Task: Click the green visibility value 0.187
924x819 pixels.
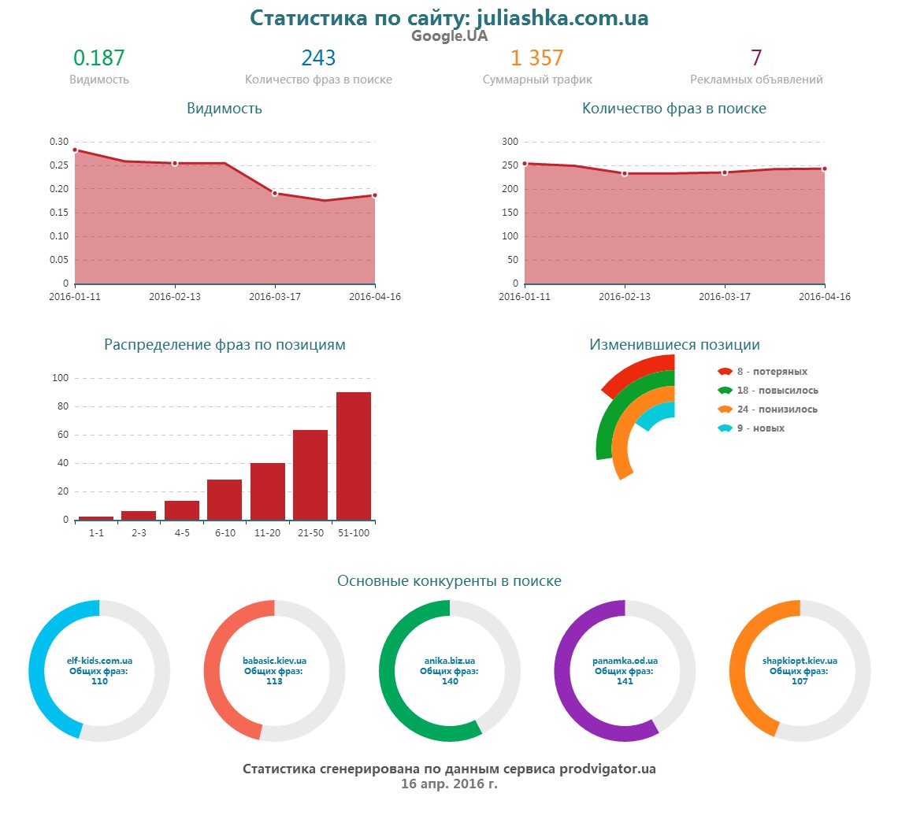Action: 99,58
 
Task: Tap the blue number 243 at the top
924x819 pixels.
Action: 318,58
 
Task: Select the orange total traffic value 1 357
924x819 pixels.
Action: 536,58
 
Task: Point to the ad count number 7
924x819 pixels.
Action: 756,58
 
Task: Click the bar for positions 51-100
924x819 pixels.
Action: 354,457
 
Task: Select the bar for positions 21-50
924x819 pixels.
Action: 310,475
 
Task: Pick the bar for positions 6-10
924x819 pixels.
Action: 225,500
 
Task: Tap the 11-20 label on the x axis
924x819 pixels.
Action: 268,533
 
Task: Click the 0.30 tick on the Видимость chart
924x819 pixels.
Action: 59,142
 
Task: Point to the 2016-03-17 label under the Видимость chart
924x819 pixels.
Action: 275,297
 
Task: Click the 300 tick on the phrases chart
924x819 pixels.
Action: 510,142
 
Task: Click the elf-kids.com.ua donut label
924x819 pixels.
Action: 99,661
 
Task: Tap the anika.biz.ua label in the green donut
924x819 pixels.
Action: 450,661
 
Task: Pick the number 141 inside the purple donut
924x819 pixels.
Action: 625,681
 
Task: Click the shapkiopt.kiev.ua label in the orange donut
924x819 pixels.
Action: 800,661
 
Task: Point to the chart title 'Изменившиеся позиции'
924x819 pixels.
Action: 674,345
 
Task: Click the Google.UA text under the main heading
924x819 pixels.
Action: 449,36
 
